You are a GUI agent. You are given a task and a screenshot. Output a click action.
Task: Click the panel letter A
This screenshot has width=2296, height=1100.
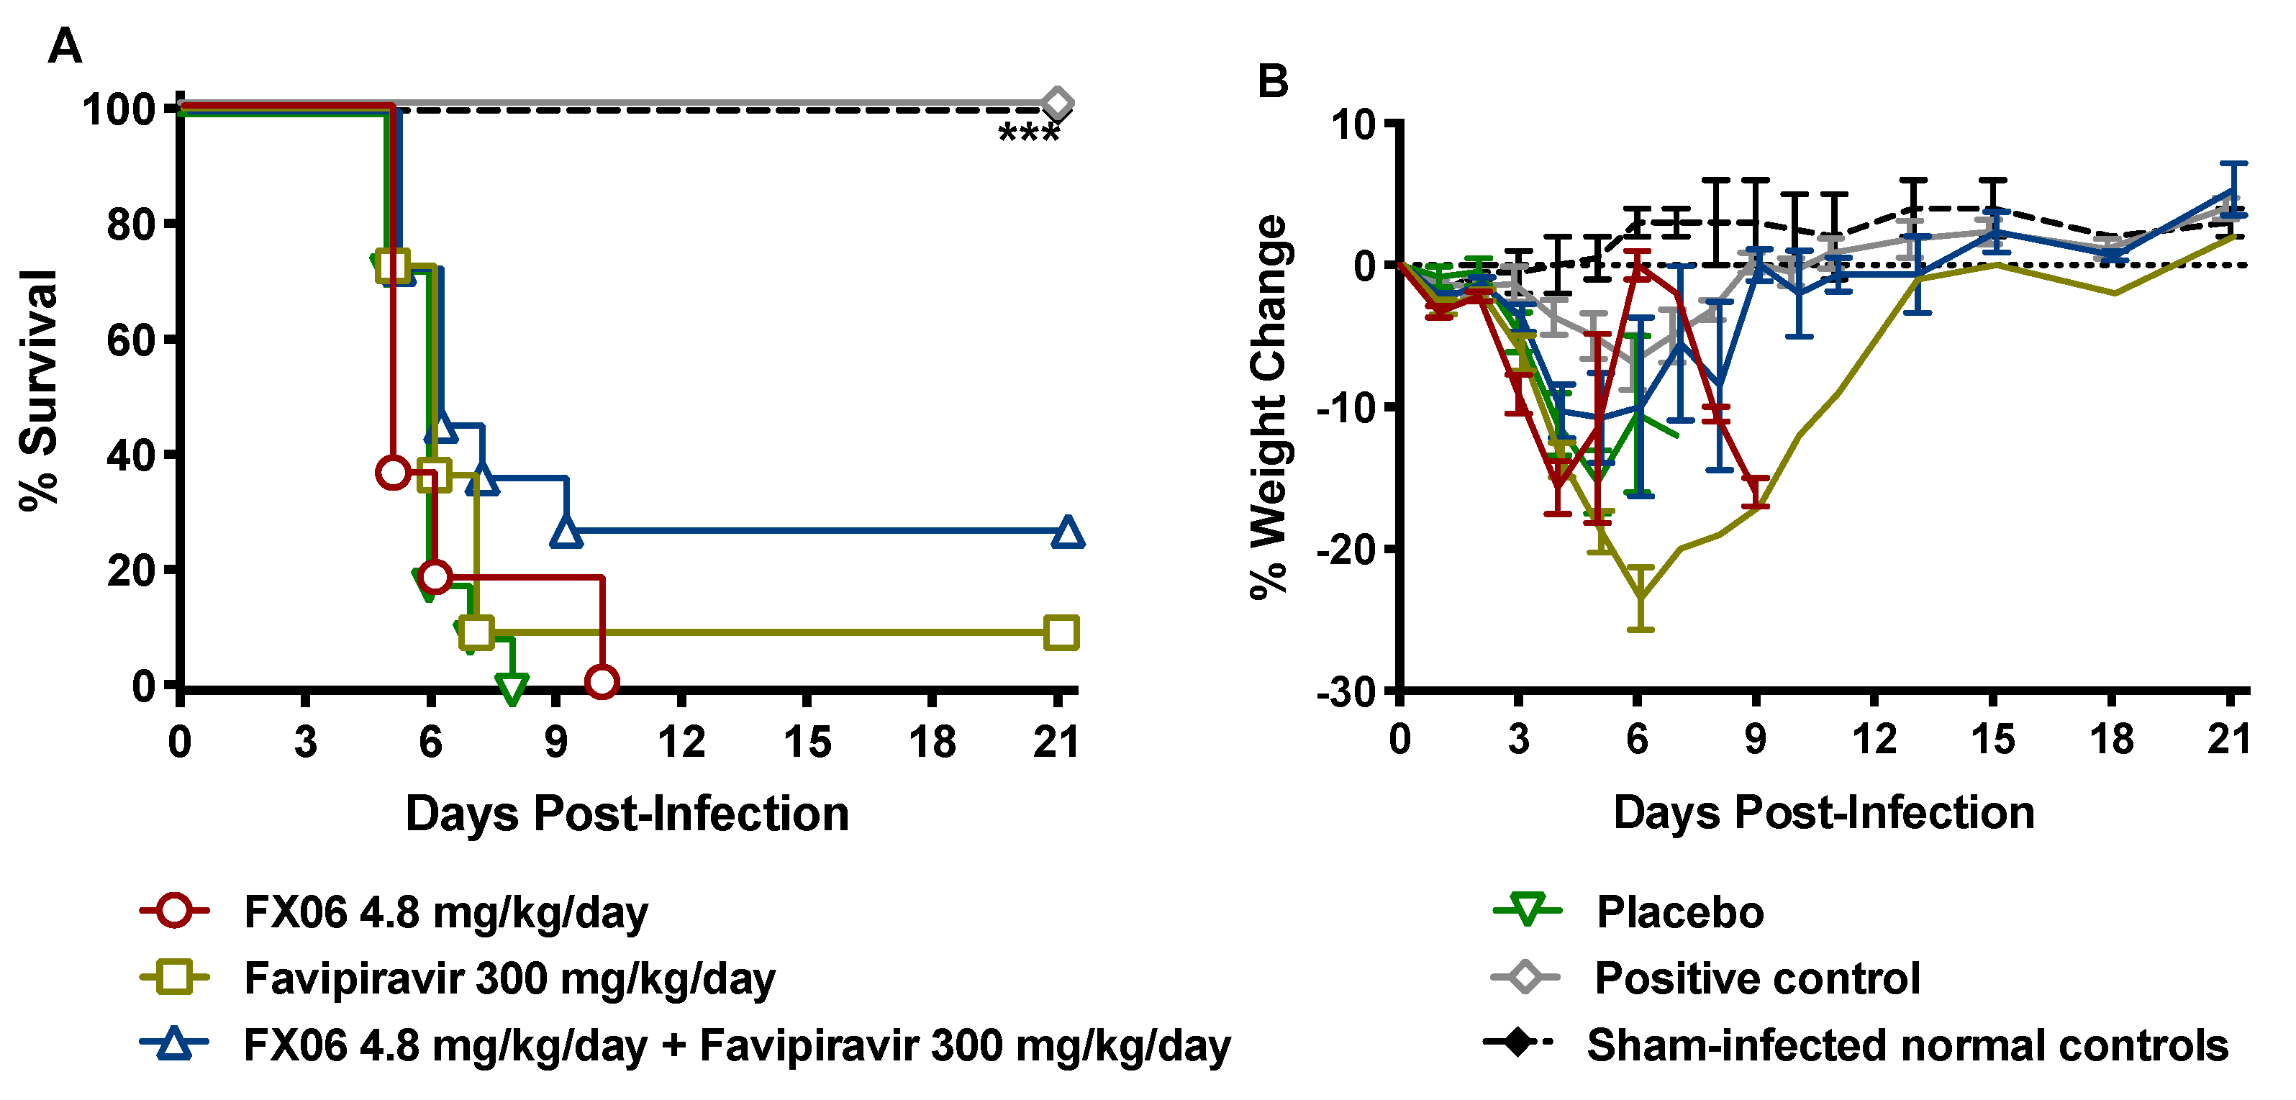pyautogui.click(x=64, y=45)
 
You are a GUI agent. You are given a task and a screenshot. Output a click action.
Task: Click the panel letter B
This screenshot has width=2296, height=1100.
pyautogui.click(x=1272, y=81)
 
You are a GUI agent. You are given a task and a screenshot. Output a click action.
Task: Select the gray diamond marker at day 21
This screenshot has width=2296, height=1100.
pyautogui.click(x=1057, y=104)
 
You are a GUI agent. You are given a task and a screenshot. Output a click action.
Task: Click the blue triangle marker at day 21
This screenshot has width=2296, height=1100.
pyautogui.click(x=1068, y=532)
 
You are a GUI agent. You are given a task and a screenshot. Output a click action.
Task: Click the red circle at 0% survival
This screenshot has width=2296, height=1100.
pyautogui.click(x=602, y=682)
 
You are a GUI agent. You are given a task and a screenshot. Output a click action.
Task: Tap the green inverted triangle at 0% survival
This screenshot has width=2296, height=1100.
pyautogui.click(x=512, y=687)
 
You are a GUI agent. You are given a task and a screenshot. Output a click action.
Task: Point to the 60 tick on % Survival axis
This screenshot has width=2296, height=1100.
pyautogui.click(x=131, y=340)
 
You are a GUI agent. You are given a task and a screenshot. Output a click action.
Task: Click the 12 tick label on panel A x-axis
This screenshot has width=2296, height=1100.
pyautogui.click(x=681, y=742)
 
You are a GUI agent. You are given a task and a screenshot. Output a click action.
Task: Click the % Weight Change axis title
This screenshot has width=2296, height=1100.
pyautogui.click(x=1269, y=407)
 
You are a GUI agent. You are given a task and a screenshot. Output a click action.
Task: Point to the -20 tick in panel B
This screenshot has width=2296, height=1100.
pyautogui.click(x=1347, y=549)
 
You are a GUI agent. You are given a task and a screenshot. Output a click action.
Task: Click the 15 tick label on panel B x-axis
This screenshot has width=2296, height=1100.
pyautogui.click(x=1993, y=739)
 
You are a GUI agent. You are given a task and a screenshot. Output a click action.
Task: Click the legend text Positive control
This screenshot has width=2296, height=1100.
pyautogui.click(x=1756, y=978)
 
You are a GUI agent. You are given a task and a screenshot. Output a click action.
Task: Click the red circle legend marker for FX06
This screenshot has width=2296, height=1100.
pyautogui.click(x=175, y=911)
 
